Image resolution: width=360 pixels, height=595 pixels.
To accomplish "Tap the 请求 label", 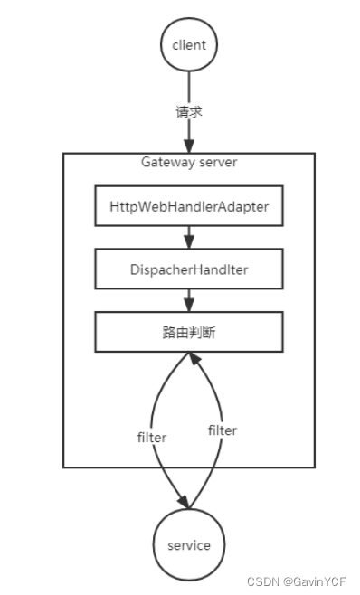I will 188,112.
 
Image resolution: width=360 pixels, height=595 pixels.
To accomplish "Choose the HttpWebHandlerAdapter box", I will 188,207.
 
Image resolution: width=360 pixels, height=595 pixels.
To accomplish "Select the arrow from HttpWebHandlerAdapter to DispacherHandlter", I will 188,234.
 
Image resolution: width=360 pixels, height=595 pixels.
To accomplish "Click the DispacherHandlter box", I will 188,270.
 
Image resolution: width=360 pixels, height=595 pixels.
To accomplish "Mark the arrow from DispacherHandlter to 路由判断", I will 188,298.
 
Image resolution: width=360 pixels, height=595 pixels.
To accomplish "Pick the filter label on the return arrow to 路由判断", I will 222,430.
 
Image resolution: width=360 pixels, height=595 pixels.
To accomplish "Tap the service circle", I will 188,545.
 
